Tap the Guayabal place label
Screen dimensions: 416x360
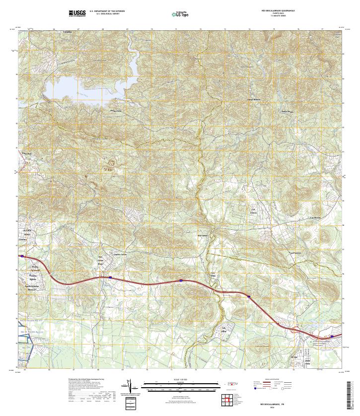tap(26, 153)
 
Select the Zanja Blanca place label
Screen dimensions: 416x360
tap(254, 99)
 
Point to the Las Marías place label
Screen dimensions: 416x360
tap(315, 218)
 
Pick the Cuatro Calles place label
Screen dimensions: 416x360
tap(121, 255)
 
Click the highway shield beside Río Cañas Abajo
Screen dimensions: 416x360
tap(110, 277)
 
